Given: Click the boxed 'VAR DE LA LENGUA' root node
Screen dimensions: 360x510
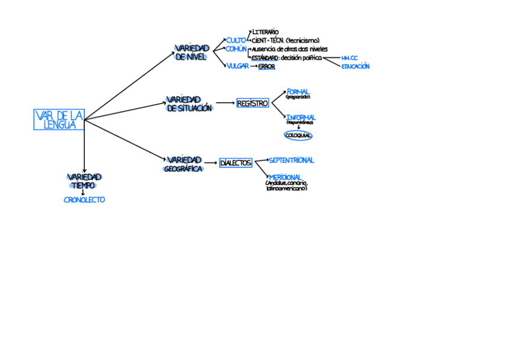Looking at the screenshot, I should pos(59,120).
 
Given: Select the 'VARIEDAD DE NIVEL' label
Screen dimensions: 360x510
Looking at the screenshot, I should pos(191,52).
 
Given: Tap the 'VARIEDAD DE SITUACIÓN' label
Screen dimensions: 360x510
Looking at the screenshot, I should pos(189,103).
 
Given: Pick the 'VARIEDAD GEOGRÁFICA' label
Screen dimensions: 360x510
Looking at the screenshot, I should pos(183,164).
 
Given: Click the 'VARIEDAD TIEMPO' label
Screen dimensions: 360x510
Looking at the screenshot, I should pos(84,181).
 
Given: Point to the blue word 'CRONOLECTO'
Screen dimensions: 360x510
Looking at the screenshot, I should pos(84,200).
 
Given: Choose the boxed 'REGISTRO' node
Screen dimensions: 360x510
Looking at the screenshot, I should pos(253,103).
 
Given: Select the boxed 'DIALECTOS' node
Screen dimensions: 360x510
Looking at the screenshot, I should pos(235,163).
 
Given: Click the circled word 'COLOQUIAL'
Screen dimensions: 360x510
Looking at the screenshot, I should pos(298,136).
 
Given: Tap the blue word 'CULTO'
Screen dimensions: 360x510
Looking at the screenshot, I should pos(236,40).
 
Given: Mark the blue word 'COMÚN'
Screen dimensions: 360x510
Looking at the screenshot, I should pos(236,49).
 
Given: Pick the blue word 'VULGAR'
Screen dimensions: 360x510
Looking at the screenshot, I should pos(238,66).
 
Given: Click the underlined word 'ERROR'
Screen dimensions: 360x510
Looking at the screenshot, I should pos(266,67).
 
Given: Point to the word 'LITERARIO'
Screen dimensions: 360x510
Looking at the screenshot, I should pos(265,31).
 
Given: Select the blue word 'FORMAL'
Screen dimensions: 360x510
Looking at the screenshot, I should pos(298,91).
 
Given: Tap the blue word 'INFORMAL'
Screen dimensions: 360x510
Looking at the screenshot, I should pos(301,117).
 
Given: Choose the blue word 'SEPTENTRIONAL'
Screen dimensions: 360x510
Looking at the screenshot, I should pos(291,160).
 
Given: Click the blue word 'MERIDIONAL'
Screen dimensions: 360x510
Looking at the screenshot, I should pos(285,177).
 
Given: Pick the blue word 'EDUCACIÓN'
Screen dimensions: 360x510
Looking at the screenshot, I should pos(355,67).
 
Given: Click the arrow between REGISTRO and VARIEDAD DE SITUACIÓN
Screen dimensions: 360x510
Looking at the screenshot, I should pos(225,103).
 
